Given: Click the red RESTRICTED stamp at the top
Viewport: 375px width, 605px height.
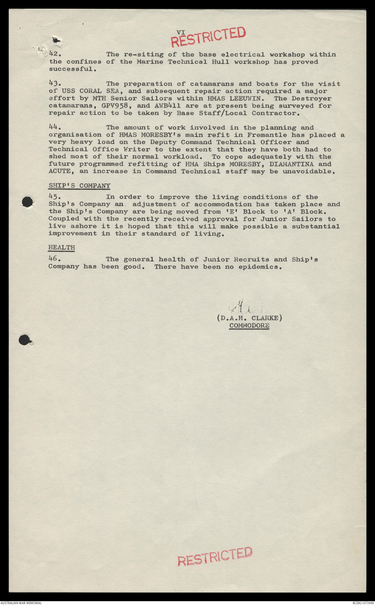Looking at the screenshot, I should pyautogui.click(x=208, y=37).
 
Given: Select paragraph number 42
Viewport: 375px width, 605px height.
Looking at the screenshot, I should pyautogui.click(x=54, y=54).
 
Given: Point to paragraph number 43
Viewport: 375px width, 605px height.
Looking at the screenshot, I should pyautogui.click(x=54, y=84).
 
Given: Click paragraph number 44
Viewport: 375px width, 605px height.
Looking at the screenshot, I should pyautogui.click(x=54, y=127).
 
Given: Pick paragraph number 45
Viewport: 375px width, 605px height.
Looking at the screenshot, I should pyautogui.click(x=54, y=197).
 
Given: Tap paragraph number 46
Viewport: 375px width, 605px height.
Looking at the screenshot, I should pyautogui.click(x=54, y=259).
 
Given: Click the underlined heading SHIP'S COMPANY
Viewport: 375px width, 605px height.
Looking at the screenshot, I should pyautogui.click(x=79, y=186).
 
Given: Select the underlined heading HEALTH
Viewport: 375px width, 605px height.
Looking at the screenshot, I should pyautogui.click(x=62, y=247).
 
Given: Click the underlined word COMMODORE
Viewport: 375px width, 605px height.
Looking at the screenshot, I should pyautogui.click(x=249, y=326).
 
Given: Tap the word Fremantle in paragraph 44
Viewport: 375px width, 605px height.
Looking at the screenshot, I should pyautogui.click(x=267, y=135).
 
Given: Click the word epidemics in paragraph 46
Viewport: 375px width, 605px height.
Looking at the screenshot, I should pyautogui.click(x=259, y=267).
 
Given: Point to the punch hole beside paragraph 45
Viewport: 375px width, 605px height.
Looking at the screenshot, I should pyautogui.click(x=28, y=202).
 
